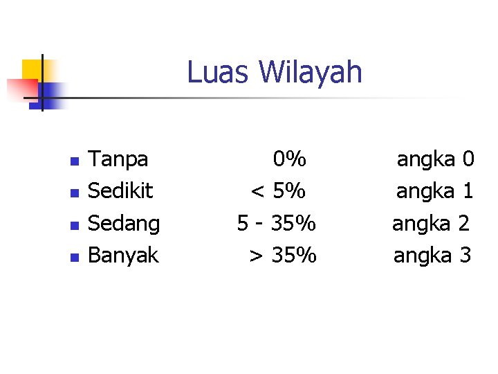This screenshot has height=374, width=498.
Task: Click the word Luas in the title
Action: (214, 72)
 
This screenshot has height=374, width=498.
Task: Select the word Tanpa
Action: (119, 160)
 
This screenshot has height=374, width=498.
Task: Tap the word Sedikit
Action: (121, 191)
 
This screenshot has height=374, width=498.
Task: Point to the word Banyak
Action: (124, 256)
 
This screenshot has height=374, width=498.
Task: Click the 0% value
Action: (290, 160)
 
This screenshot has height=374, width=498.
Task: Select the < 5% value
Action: (278, 191)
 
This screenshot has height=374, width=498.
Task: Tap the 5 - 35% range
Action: (277, 224)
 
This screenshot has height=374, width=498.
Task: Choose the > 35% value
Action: (283, 256)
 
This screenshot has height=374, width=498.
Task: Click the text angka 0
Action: (435, 160)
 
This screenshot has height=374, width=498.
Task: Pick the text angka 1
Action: (435, 191)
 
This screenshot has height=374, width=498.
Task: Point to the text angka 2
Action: (432, 224)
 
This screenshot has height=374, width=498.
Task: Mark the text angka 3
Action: (432, 256)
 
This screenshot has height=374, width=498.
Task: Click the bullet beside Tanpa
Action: (74, 161)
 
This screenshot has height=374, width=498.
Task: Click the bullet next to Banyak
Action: (74, 257)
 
